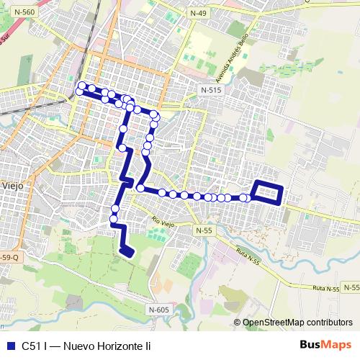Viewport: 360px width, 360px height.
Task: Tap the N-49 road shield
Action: click(199, 14)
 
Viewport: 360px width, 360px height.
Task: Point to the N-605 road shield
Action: click(161, 310)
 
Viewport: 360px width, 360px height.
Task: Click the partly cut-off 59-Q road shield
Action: click(9, 258)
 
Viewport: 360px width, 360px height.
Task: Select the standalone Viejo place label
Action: click(12, 185)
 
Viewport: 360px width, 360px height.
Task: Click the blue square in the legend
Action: click(9, 346)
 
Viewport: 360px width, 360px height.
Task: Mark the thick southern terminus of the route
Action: click(127, 250)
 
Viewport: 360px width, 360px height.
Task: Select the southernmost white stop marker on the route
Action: click(113, 219)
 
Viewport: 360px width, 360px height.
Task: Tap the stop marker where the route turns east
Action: click(141, 189)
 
